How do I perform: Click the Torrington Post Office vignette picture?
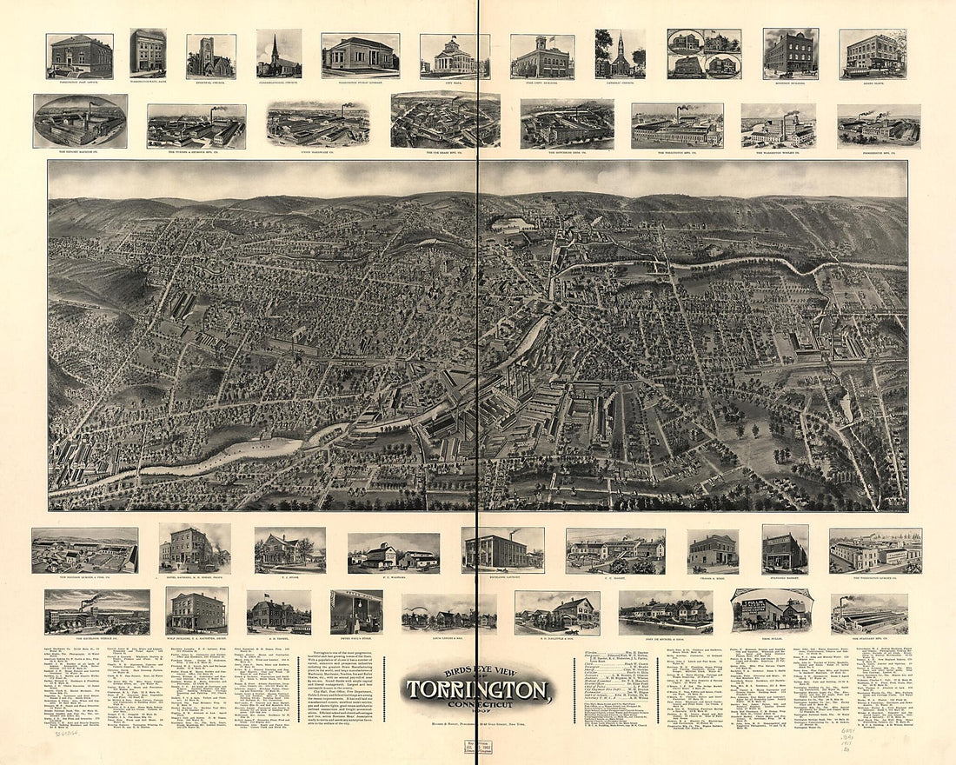point(79,57)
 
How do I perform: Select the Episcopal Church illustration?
point(210,57)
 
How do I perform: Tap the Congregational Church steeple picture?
point(278,54)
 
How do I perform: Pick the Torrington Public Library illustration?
point(360,56)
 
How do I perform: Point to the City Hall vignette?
point(454,57)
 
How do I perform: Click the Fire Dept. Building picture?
point(541,57)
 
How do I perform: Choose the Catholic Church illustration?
point(621,54)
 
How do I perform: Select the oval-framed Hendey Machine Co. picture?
point(80,121)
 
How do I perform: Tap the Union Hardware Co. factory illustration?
point(317,123)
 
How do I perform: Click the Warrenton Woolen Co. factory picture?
point(778,126)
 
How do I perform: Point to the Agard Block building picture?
point(873,54)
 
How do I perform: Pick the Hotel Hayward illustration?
point(195,549)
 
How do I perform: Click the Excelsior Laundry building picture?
point(502,549)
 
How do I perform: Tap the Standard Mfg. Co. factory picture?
point(869,614)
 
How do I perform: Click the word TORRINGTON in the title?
point(477,692)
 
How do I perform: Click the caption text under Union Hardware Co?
point(317,153)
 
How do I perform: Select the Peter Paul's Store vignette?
point(356,612)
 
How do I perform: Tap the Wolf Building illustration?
point(196,611)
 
